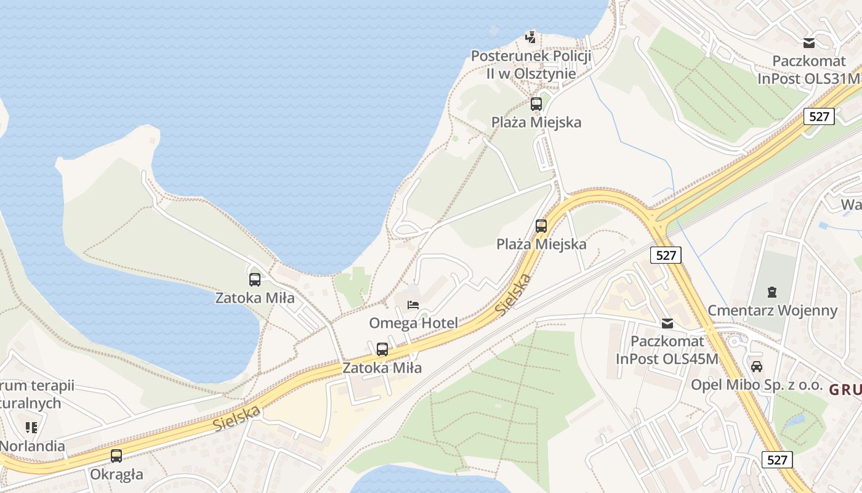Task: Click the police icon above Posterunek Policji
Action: (531, 37)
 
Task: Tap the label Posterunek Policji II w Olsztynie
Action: (531, 65)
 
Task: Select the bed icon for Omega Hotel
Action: (413, 304)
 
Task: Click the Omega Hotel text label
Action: (413, 323)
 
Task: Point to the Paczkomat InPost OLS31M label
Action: (808, 70)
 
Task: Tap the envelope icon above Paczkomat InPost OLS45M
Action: (667, 323)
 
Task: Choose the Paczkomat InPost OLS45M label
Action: (667, 350)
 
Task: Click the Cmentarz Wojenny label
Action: (772, 310)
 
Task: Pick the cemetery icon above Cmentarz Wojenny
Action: (772, 291)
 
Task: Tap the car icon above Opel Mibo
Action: (757, 366)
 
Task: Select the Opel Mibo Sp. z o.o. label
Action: (757, 385)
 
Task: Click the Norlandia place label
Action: (32, 446)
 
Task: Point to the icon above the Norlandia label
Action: (31, 427)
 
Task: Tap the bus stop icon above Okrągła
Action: (116, 456)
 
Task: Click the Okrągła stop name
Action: (116, 475)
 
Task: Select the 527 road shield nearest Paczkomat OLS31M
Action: (819, 116)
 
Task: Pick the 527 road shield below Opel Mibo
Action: (777, 460)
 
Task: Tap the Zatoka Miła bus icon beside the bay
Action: (255, 280)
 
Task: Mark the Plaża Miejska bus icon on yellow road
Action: (541, 226)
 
